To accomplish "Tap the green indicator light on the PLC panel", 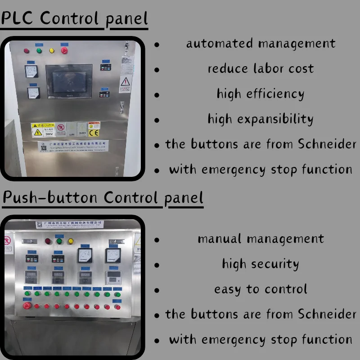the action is pos(39,50).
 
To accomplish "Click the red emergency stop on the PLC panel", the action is pos(64,50).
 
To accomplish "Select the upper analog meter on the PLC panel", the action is pos(31,71).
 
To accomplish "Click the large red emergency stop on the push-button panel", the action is pos(27,306).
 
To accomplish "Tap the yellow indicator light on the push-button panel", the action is pos(71,241).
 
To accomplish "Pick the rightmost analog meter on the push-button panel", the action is pos(112,256).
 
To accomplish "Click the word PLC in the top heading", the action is pos(17,18).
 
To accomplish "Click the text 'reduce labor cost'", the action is pos(261,69).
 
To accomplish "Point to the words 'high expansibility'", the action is pos(261,119).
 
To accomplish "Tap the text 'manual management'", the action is pos(261,238).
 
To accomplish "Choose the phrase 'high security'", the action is pos(261,264).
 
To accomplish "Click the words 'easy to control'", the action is pos(261,289).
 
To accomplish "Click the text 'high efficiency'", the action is pos(261,94).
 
